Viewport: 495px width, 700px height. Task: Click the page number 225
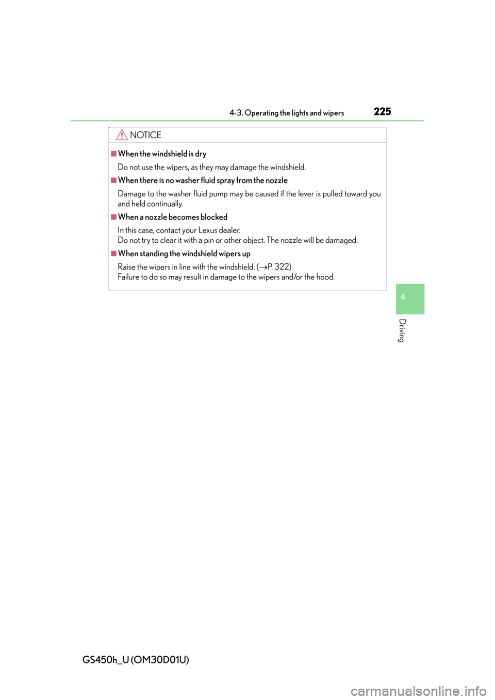point(382,111)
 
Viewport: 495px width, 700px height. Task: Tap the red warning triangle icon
point(122,135)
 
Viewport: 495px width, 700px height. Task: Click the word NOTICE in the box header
point(145,135)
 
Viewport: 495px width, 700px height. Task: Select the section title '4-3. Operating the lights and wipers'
point(287,113)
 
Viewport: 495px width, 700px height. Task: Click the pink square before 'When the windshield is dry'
point(114,154)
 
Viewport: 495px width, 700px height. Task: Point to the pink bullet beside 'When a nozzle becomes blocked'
point(114,217)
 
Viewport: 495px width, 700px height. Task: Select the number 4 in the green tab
point(403,297)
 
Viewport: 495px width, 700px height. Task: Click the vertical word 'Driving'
point(402,330)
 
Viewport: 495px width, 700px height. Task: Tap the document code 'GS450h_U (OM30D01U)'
point(136,659)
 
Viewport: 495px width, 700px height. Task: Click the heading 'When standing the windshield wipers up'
point(184,254)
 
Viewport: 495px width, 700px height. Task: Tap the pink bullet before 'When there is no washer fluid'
point(114,180)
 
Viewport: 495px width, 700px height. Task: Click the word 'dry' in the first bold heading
point(201,154)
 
